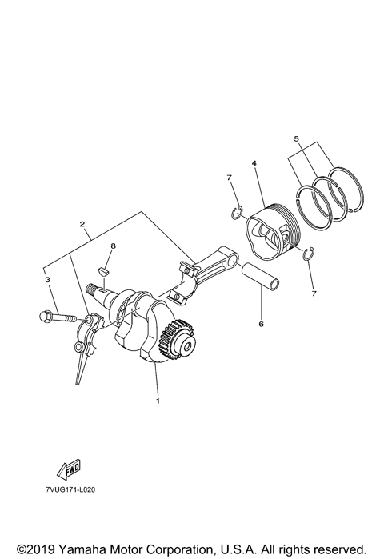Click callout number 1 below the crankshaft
pos(158,400)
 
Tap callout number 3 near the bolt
pos(47,280)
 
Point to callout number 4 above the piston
pos(254,165)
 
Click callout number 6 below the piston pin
pos(260,325)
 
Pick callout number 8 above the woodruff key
pos(113,248)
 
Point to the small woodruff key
pos(102,271)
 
